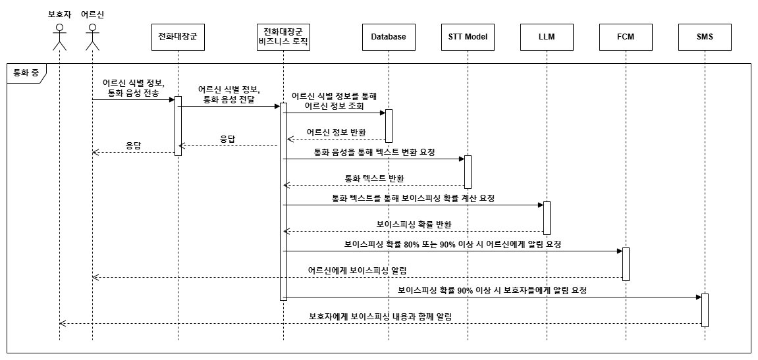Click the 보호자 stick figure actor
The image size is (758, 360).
pos(59,37)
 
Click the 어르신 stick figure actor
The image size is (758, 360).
pos(92,37)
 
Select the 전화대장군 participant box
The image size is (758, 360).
pos(178,37)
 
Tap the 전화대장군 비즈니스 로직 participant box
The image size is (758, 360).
pos(283,37)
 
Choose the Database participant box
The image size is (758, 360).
pos(389,37)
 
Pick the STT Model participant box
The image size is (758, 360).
pos(468,37)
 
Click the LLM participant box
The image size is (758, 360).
pos(547,37)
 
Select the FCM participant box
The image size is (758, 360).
pos(626,37)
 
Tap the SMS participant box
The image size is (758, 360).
pos(705,37)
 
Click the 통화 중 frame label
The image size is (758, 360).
pos(25,73)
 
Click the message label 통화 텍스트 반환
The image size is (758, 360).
pos(374,178)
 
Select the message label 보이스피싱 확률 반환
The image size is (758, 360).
pos(414,224)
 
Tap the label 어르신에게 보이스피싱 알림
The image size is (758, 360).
pos(357,270)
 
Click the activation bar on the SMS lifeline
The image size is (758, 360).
pos(705,310)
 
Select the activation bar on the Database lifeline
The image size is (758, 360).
pos(389,126)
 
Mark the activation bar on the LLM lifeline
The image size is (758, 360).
pos(547,218)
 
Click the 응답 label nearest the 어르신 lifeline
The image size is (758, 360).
pos(133,145)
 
